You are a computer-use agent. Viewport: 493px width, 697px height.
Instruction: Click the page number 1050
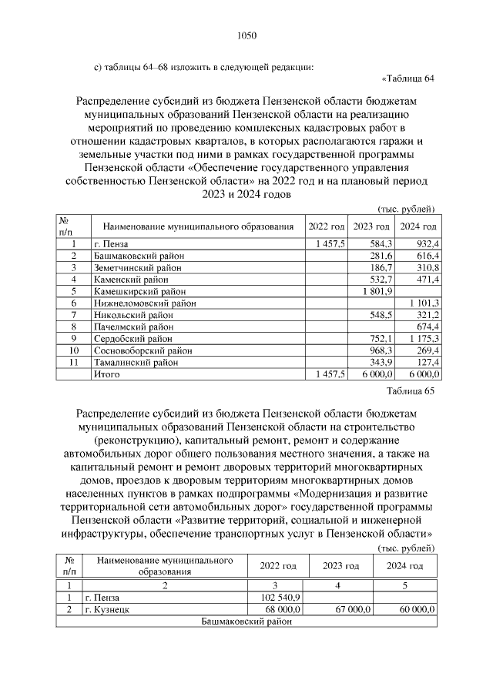coord(246,35)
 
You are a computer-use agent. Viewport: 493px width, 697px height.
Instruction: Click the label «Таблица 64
coord(409,78)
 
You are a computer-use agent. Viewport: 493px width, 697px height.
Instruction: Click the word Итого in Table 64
coord(105,374)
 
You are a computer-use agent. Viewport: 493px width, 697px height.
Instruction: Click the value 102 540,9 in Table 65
coord(280,597)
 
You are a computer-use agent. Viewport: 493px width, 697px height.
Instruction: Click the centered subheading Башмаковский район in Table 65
coord(246,621)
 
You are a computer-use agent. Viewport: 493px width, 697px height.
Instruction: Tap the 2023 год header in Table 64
coord(371,226)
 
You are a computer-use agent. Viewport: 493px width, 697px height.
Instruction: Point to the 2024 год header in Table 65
coord(404,566)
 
